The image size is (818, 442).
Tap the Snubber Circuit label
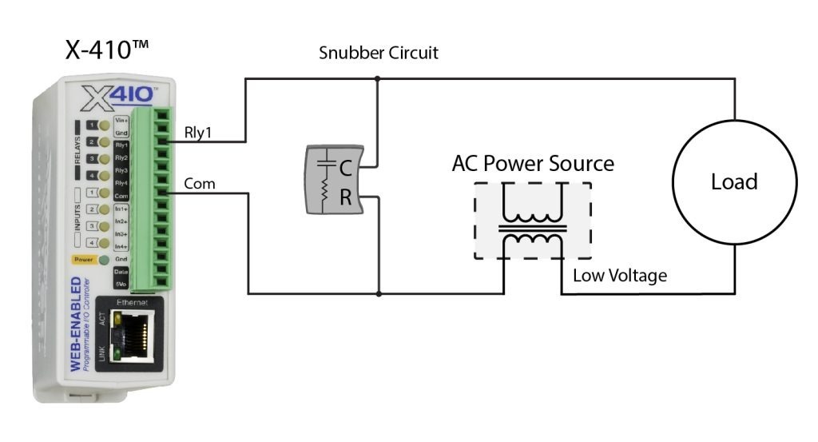pos(379,54)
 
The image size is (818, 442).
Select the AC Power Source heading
pos(533,164)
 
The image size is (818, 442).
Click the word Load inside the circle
pos(733,181)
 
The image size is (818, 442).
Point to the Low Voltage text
pos(619,276)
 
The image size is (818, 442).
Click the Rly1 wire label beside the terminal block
pos(198,133)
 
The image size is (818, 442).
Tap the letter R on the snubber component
pos(346,198)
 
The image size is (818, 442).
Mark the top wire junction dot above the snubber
pos(378,78)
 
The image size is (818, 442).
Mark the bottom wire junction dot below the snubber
pos(378,293)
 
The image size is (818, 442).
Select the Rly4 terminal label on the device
pos(121,183)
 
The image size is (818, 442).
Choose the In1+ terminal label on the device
pos(121,209)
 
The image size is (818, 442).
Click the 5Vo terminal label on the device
pos(121,285)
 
